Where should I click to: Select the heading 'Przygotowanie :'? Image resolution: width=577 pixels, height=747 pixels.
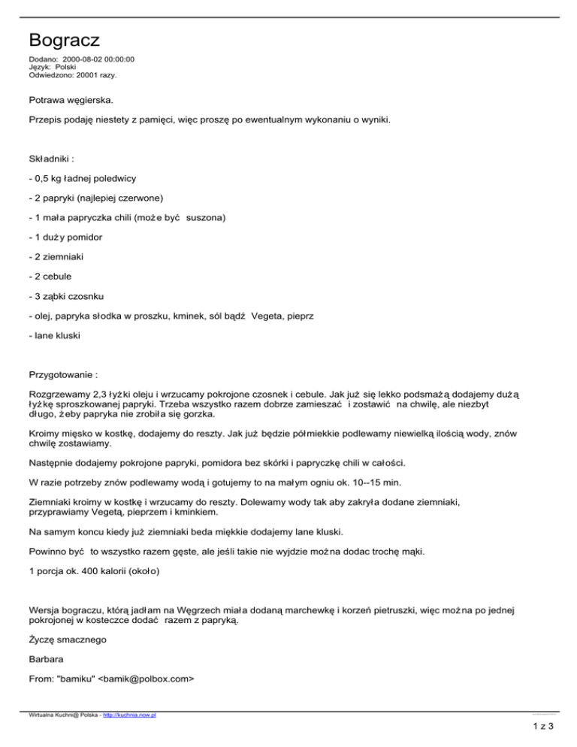point(67,373)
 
